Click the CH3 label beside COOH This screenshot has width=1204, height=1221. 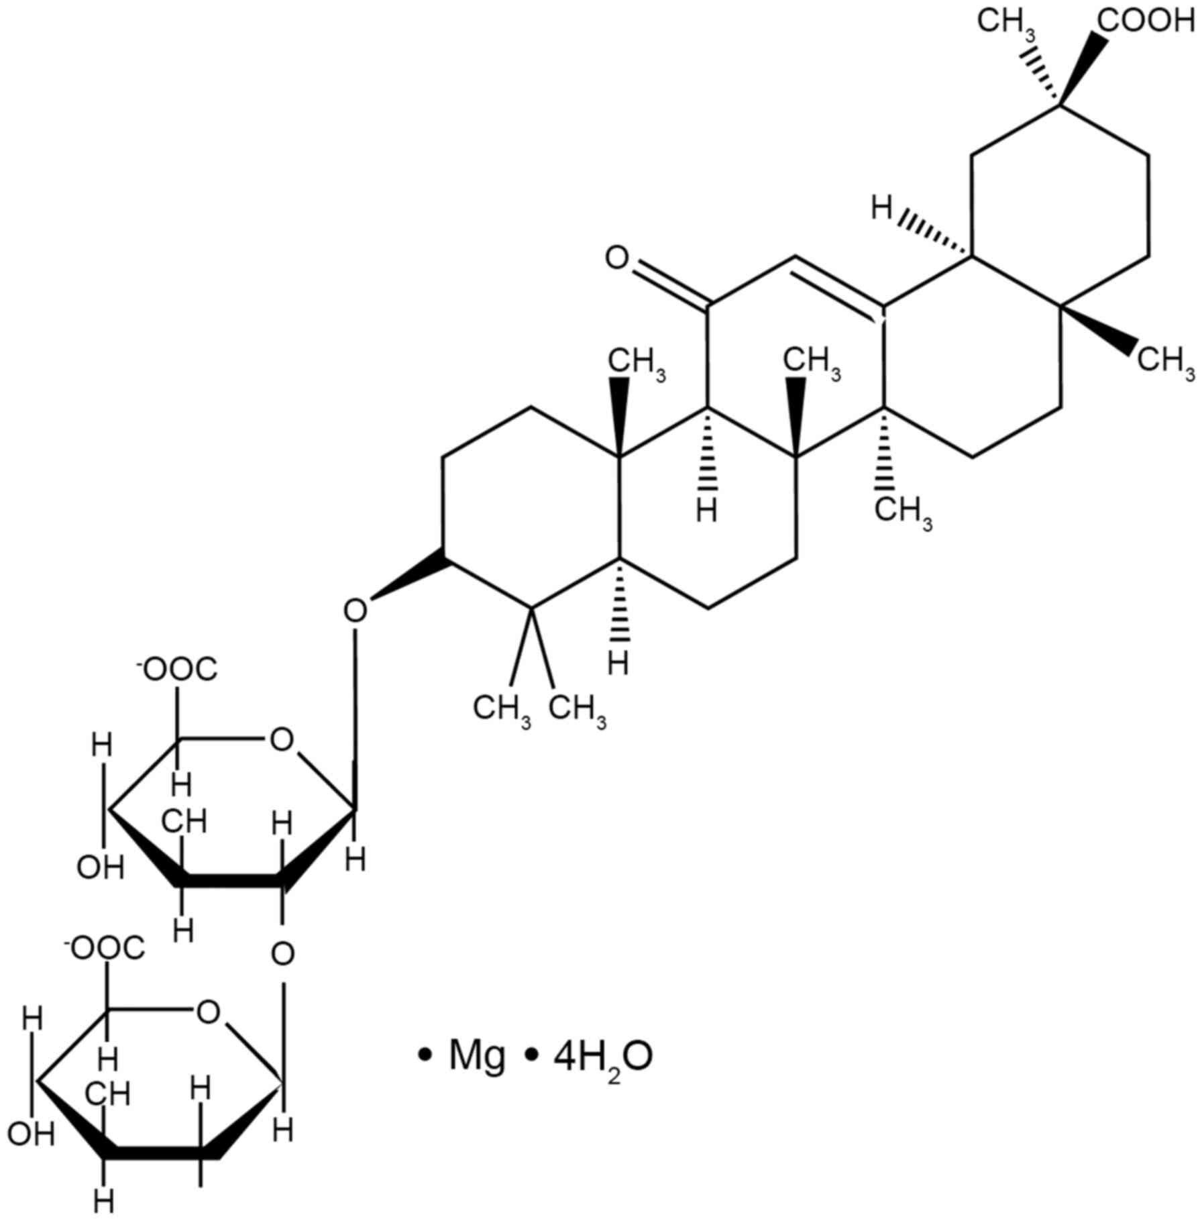click(x=1006, y=23)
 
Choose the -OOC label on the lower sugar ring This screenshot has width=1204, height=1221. click(x=104, y=949)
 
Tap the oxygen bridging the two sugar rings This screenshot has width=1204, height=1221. click(x=283, y=953)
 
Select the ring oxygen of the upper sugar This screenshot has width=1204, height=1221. click(x=281, y=741)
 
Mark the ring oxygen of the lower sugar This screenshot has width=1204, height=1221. click(x=208, y=1012)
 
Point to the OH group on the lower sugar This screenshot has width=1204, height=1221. click(x=31, y=1135)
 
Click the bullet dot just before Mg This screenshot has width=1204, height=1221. click(x=423, y=1056)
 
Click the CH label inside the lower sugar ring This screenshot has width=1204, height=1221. click(x=107, y=1095)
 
